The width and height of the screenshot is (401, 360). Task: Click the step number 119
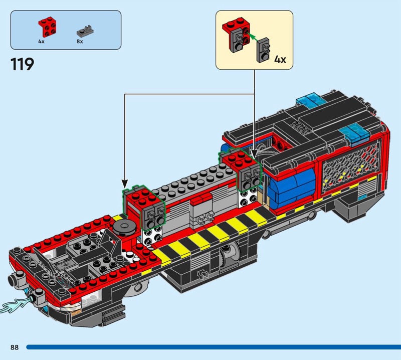pyautogui.click(x=22, y=64)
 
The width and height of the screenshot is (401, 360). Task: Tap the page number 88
pyautogui.click(x=15, y=347)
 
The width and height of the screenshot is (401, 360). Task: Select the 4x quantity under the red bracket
pyautogui.click(x=41, y=42)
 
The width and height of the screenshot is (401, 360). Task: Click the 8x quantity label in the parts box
pyautogui.click(x=80, y=42)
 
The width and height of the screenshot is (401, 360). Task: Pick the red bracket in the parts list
pyautogui.click(x=48, y=27)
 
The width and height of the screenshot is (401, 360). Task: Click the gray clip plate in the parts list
pyautogui.click(x=85, y=31)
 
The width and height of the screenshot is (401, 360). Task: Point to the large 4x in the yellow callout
pyautogui.click(x=280, y=60)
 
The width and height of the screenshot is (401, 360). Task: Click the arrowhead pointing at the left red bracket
pyautogui.click(x=124, y=184)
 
